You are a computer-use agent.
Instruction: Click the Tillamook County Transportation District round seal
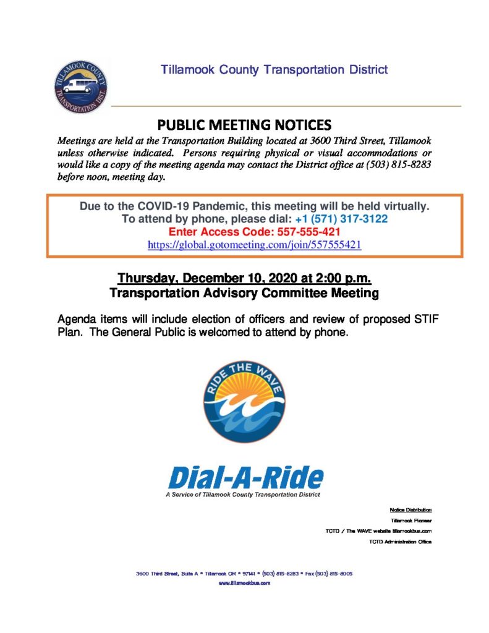point(80,87)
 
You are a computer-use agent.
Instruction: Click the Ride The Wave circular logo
point(244,402)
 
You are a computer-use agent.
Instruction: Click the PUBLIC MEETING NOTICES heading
point(244,124)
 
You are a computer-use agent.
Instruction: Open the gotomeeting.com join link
point(254,245)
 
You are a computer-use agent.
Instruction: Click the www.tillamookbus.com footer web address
point(244,583)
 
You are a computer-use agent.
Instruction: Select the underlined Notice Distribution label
point(410,510)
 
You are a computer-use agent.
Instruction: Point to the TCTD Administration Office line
point(400,542)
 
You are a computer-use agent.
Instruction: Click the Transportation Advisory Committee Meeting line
point(244,293)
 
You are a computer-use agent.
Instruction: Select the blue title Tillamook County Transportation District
point(274,69)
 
